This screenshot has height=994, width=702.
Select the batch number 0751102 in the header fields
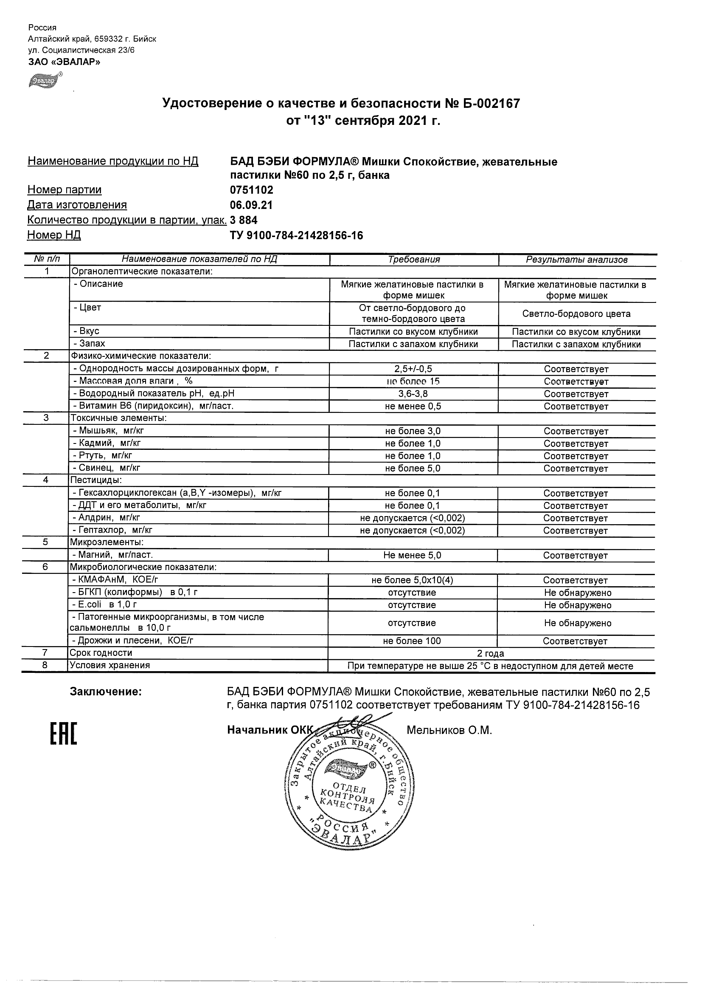(x=251, y=190)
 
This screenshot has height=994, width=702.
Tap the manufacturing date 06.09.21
(x=251, y=205)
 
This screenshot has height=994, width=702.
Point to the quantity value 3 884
(x=244, y=220)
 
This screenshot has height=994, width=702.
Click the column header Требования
(x=414, y=260)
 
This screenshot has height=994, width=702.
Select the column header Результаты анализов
(x=576, y=260)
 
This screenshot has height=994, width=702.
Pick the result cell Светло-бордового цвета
(x=576, y=314)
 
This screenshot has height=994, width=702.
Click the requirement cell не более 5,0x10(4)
(x=412, y=580)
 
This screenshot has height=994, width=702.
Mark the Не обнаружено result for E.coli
(x=577, y=605)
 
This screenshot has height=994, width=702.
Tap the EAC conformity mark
(x=64, y=734)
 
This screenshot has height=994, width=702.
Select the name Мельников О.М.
(x=449, y=731)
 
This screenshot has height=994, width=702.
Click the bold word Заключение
(x=106, y=692)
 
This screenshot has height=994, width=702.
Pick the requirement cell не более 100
(x=412, y=641)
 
